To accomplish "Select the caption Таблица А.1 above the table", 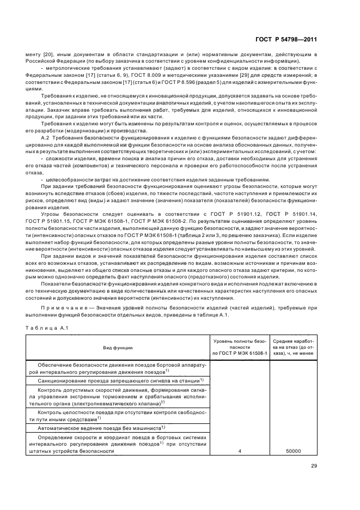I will coord(44,327).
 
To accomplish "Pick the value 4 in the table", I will coord(240,452).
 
